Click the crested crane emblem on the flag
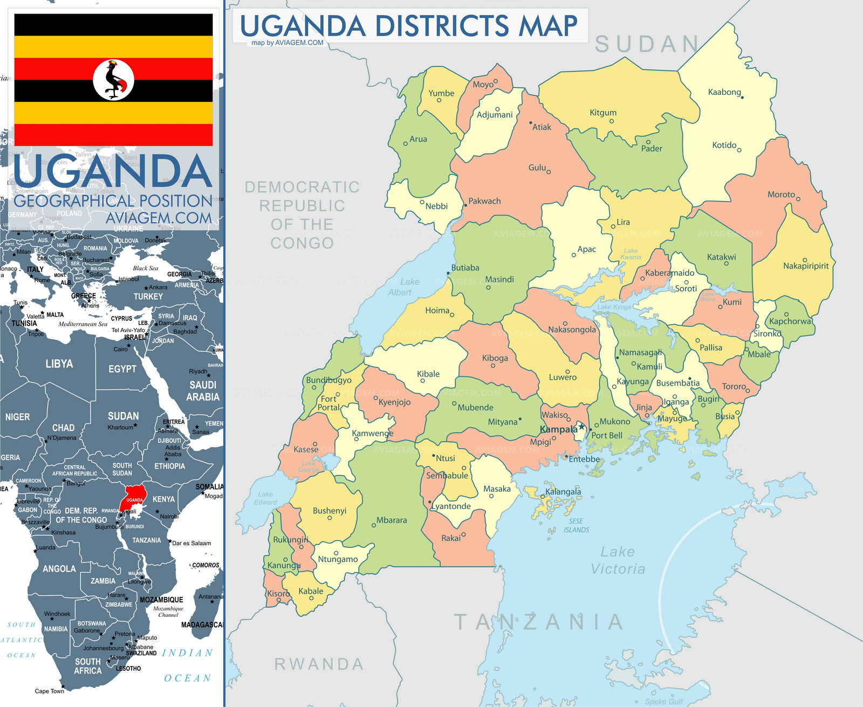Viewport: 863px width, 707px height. coord(114,80)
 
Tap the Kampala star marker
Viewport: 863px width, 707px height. coord(581,427)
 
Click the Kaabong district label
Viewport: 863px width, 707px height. coord(724,92)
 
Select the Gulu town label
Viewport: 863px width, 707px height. coord(537,168)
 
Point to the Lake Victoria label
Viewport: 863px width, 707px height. coord(618,560)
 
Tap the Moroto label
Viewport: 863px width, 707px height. coord(781,195)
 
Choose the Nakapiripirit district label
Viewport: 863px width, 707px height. coord(806,266)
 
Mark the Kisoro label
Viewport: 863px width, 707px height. coord(278,594)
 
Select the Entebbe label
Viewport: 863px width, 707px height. coord(584,459)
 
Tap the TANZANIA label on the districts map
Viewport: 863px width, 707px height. coord(538,622)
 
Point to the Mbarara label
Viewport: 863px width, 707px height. coord(392,520)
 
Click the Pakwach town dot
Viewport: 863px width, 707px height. coord(465,205)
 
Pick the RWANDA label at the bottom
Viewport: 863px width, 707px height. coord(319,664)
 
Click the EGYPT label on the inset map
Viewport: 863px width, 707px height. coord(122,369)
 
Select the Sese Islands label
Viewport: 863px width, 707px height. coord(576,526)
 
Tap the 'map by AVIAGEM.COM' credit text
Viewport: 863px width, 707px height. coord(287,43)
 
